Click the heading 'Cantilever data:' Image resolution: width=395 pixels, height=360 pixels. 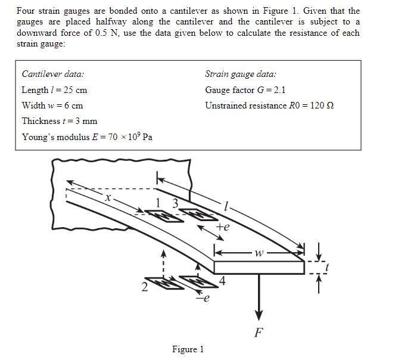(x=53, y=75)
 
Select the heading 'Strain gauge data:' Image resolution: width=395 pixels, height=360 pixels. (x=240, y=75)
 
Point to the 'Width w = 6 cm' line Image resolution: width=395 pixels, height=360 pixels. (x=52, y=105)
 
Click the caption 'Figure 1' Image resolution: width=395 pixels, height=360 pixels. (x=188, y=349)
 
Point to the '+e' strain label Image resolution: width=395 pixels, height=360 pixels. (x=222, y=227)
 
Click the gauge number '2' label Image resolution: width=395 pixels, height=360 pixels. (x=144, y=289)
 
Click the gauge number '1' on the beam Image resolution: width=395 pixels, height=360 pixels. (x=158, y=203)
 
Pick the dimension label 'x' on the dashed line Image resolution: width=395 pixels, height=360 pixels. (x=108, y=197)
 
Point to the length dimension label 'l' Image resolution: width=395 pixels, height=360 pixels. (x=226, y=206)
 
